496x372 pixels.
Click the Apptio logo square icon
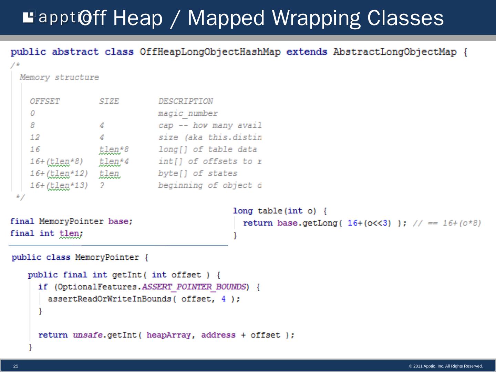[29, 17]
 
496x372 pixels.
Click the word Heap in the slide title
[137, 18]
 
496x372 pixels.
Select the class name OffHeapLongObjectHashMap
[210, 52]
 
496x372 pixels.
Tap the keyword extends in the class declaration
[307, 52]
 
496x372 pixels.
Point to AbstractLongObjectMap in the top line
[395, 52]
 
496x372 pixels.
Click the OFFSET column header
[45, 101]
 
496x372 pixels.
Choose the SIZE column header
[109, 101]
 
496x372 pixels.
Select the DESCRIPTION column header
[186, 101]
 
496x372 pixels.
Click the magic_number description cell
[188, 113]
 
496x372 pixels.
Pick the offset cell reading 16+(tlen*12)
[59, 173]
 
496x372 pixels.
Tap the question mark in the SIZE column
[102, 185]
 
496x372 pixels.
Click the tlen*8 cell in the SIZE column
[114, 149]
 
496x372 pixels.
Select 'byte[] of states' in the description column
[198, 173]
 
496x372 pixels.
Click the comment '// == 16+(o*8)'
[447, 223]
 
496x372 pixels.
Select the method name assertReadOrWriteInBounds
[109, 299]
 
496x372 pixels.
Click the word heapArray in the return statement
[168, 335]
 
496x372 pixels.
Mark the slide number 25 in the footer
[15, 366]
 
